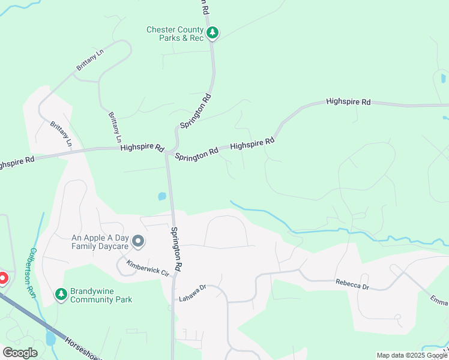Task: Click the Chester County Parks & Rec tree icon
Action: coord(212,33)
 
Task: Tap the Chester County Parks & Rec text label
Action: coord(175,34)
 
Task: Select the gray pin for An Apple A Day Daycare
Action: coord(138,242)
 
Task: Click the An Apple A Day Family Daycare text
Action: coord(100,242)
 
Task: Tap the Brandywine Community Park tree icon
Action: coord(60,294)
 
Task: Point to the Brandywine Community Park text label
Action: coord(101,295)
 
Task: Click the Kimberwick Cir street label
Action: coord(148,268)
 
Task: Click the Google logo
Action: coord(20,352)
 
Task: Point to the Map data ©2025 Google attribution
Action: coord(412,355)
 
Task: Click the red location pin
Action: coord(2,278)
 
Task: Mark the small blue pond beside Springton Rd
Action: coord(161,196)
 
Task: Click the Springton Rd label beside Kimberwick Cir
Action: coord(176,247)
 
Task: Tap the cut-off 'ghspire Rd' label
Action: coord(17,161)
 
